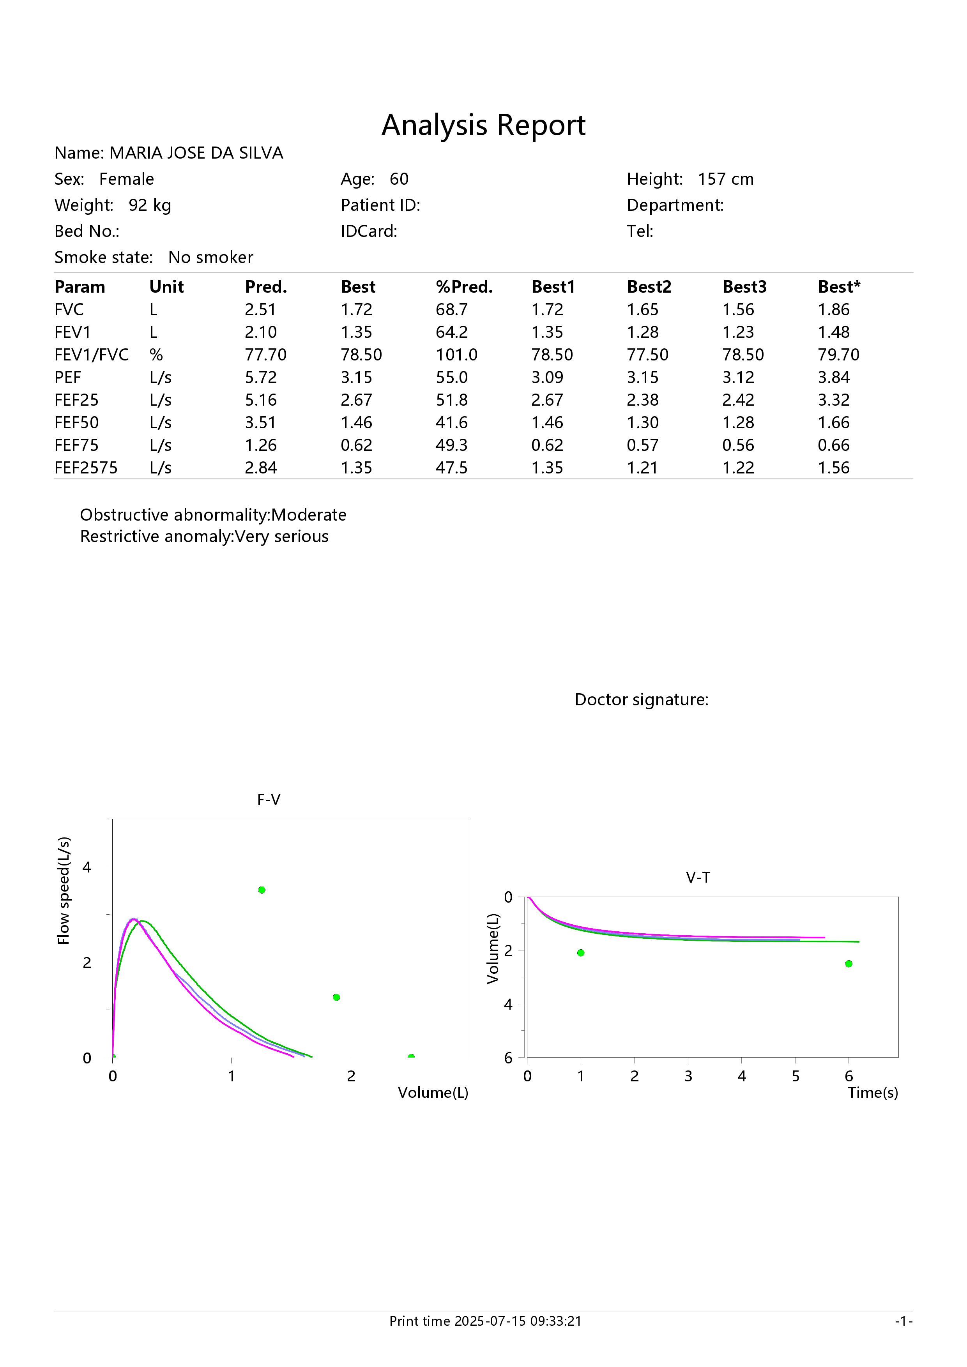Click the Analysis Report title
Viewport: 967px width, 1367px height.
click(x=483, y=125)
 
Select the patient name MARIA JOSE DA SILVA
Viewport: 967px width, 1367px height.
click(x=196, y=153)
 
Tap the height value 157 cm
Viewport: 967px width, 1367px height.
click(x=726, y=179)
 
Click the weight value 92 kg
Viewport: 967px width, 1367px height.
click(x=150, y=205)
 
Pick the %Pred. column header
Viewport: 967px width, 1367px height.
click(x=465, y=287)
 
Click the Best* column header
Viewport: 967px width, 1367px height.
click(x=839, y=287)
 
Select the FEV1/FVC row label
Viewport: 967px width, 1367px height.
click(x=92, y=355)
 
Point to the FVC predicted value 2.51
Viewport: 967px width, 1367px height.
click(x=260, y=309)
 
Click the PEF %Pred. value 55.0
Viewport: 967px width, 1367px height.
click(x=452, y=378)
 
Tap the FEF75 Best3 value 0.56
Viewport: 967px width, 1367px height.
click(x=738, y=445)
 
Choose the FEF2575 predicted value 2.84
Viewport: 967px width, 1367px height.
click(x=261, y=468)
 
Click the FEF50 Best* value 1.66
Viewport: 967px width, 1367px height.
click(x=834, y=423)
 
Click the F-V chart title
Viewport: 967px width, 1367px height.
click(x=269, y=800)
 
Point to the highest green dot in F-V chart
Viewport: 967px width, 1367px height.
click(x=262, y=890)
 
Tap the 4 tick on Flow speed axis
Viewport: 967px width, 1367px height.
click(x=87, y=867)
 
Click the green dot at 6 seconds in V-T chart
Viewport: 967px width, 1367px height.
click(x=849, y=964)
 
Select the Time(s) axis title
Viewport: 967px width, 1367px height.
click(x=873, y=1093)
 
